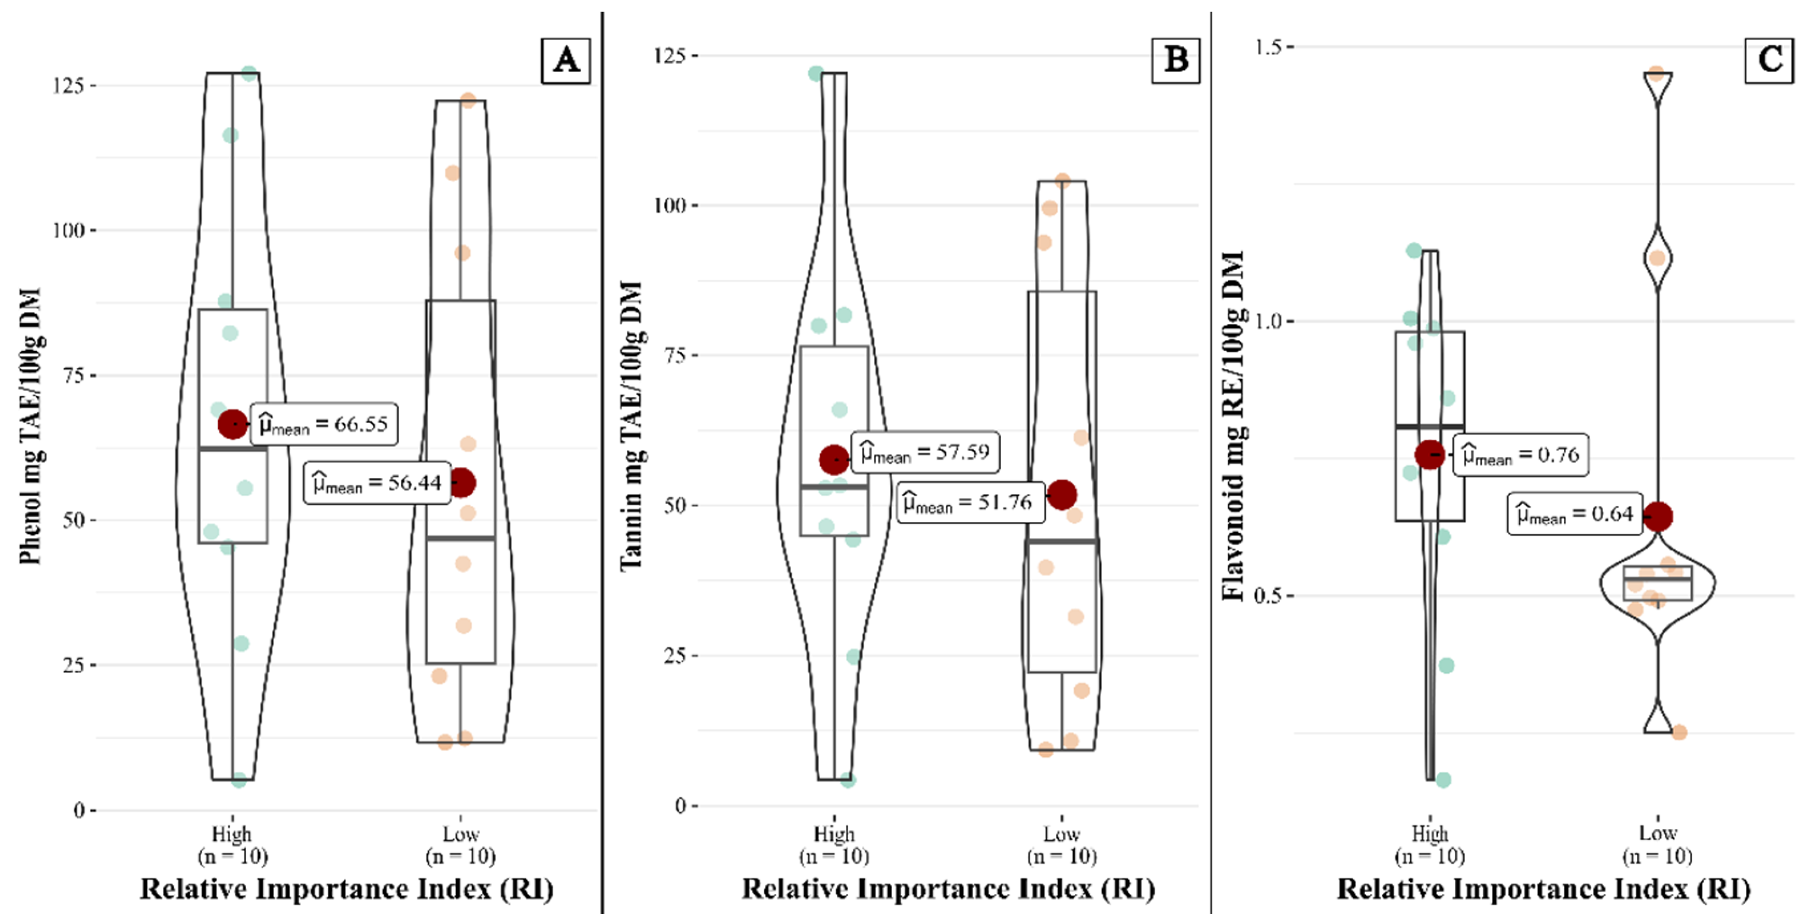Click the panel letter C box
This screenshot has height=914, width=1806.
coord(1769,60)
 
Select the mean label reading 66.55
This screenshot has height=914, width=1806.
coord(324,424)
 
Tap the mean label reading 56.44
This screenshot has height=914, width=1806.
coord(377,483)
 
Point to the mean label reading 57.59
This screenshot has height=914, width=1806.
coord(925,452)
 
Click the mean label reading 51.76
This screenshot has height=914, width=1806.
coord(968,502)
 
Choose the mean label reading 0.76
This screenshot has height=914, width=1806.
coord(1520,455)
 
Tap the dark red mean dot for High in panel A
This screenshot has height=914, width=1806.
coord(233,424)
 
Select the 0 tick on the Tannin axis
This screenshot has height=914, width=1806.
coord(680,806)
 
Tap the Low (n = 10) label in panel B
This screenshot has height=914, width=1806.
coord(1062,845)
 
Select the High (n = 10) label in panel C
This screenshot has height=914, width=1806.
coord(1429,845)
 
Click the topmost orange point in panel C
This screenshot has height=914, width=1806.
coord(1656,74)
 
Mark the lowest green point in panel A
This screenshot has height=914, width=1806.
coord(239,780)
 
